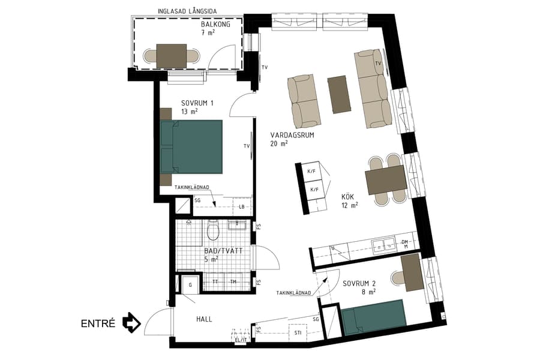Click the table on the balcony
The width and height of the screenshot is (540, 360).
[172, 56]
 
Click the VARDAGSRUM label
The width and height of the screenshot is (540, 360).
[292, 136]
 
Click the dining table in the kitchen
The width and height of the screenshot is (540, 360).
[386, 179]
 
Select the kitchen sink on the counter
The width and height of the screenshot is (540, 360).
[380, 244]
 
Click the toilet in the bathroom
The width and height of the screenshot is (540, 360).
[211, 230]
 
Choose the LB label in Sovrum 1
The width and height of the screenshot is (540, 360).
[241, 207]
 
